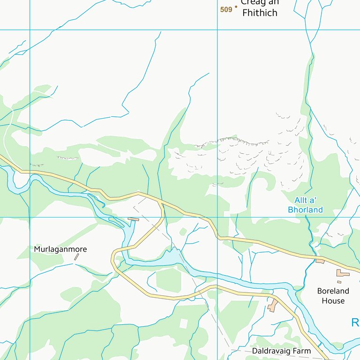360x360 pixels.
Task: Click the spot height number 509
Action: (226, 9)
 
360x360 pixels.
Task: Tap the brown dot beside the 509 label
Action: (236, 7)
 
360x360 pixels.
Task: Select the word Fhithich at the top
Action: (260, 13)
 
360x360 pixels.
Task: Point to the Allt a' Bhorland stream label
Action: (305, 205)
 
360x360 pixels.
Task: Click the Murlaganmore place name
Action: (60, 249)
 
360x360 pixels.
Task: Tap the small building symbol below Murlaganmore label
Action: (76, 257)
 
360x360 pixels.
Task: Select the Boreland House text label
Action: (333, 296)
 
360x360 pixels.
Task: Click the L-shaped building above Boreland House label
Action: (343, 272)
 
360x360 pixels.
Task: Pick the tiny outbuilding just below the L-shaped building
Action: (339, 282)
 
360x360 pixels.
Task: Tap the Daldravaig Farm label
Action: (281, 351)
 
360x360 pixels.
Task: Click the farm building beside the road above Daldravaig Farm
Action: (272, 305)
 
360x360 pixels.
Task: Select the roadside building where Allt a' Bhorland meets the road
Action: (320, 261)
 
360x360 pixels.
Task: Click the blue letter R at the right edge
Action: (355, 322)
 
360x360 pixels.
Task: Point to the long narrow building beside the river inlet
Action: (134, 219)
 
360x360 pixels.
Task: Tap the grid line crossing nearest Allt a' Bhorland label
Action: (217, 217)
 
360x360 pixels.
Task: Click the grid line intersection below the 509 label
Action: (217, 30)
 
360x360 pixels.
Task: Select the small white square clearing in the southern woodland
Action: (184, 323)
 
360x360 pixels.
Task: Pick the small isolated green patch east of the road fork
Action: (182, 232)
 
